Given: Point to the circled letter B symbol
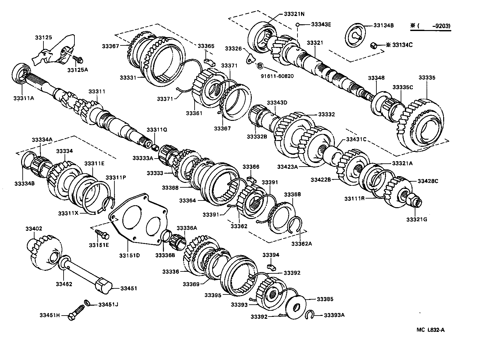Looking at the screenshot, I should coord(260,66).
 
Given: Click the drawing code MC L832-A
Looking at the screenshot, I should coord(430,330).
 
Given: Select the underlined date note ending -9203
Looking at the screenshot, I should coord(431,27).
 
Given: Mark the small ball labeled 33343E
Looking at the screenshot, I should coord(297,24).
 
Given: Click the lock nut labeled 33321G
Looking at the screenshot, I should coord(415,200).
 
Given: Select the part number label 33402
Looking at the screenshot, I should coord(34,229).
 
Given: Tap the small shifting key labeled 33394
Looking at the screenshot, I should coord(271,266).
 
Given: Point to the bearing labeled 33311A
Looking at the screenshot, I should coord(22,74).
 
